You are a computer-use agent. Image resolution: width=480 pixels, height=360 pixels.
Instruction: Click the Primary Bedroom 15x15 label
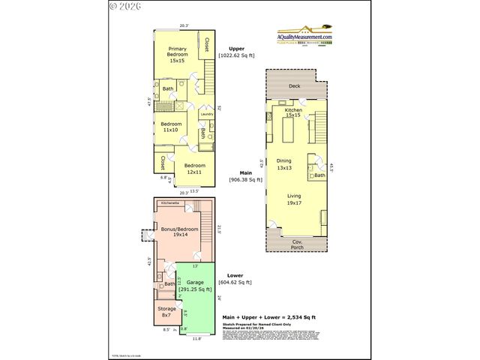(x=176, y=55)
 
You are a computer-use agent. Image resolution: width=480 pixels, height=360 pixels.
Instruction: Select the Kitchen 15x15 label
(x=293, y=112)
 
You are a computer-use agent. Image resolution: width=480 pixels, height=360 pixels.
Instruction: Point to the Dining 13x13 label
(x=284, y=164)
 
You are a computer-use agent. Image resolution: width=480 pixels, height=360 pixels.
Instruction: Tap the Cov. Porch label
(x=297, y=243)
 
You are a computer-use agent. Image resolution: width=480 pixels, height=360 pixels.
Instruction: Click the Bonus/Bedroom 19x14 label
(x=180, y=232)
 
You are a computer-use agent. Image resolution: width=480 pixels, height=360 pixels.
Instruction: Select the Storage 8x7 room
(x=166, y=311)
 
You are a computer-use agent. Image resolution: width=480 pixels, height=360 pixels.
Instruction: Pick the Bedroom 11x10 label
(x=171, y=127)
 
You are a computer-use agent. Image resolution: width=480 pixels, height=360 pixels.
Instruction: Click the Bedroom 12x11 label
(x=195, y=168)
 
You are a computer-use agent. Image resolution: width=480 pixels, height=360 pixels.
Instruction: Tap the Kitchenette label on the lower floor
(x=172, y=202)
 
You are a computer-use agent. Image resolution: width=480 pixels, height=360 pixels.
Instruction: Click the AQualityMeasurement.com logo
(x=304, y=37)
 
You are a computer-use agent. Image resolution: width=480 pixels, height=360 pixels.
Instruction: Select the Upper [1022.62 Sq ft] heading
(x=236, y=52)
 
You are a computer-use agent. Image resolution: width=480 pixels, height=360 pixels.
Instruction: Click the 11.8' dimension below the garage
(x=197, y=338)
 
